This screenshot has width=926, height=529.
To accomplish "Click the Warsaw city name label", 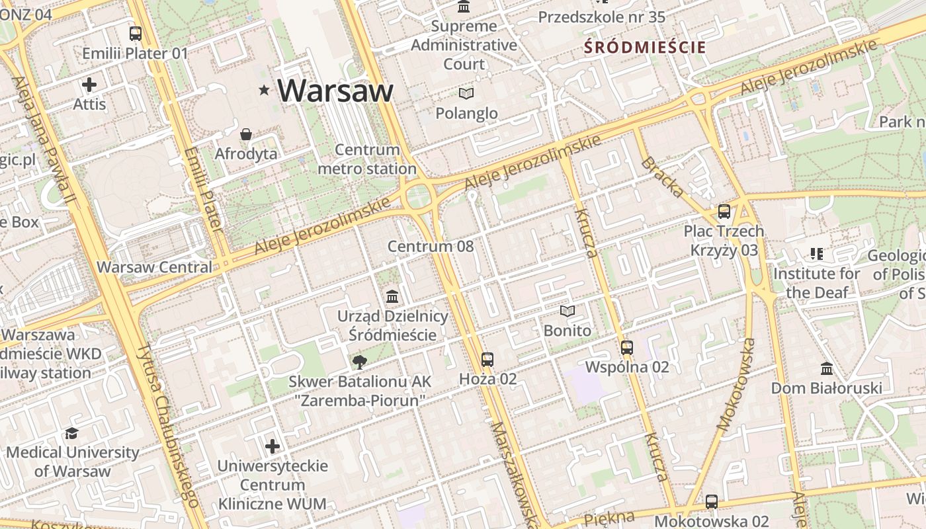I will coord(335,90).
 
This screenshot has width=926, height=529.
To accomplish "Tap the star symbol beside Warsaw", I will coord(265,89).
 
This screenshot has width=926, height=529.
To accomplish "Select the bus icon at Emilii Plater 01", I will coord(136,33).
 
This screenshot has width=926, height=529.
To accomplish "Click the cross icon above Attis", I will coord(89,85).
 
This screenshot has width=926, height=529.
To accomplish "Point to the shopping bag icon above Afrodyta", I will coord(246,134).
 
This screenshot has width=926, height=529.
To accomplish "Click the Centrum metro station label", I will coord(367,159).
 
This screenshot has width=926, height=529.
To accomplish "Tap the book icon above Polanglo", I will coord(466,94).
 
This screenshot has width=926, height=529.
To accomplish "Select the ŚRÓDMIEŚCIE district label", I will coord(645,48).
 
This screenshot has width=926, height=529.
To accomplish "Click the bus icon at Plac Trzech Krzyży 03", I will coord(724,212).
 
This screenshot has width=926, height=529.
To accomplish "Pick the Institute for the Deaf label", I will coord(817,282).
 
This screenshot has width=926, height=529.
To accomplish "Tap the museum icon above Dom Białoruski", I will coord(826,368).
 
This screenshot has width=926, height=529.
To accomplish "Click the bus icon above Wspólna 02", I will coord(627,347).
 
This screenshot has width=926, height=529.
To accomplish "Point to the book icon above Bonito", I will coord(568,311).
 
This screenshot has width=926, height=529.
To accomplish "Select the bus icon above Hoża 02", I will coord(487,359).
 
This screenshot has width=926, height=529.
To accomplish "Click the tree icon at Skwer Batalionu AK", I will coord(360,362).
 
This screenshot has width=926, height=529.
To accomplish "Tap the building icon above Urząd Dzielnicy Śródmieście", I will coord(392,296).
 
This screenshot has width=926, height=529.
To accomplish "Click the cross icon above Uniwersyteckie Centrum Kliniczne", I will coord(273,446).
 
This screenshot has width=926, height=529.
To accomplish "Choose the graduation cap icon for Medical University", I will coord(71,433).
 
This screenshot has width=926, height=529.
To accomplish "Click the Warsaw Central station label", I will coord(154,267).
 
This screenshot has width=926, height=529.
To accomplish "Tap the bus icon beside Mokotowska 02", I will coord(712,501).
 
